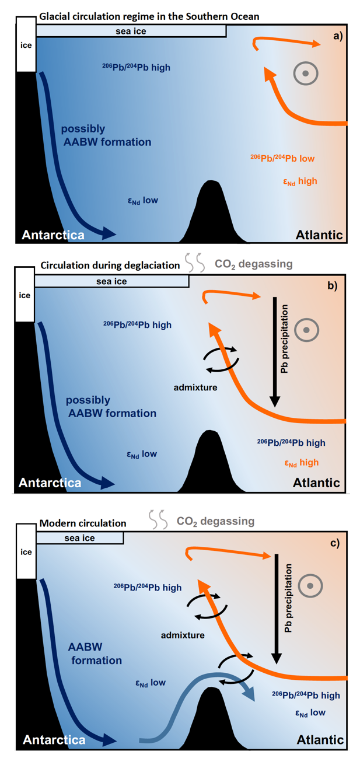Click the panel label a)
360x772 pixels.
pos(338,37)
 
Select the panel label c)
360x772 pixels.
pos(334,543)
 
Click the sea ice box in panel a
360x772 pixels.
pos(131,31)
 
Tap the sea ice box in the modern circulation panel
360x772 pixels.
pos(79,538)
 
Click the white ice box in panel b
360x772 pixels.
pos(25,295)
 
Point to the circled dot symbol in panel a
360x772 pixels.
pos(305,74)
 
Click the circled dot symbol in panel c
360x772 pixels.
pos(309,585)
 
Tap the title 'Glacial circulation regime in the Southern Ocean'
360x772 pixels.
pos(149,17)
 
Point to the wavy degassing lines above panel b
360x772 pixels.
pos(195,264)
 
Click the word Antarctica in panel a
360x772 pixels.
pos(53,235)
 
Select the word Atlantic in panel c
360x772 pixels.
pos(320,739)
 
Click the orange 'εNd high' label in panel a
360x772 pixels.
pos(300,181)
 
